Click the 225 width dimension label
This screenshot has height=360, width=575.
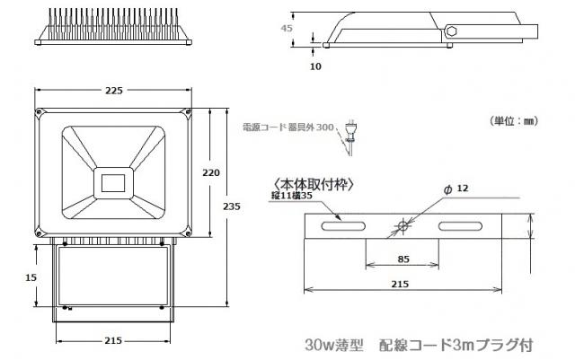(113, 91)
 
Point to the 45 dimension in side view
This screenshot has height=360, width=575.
(287, 28)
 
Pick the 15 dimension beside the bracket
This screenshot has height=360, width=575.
(31, 277)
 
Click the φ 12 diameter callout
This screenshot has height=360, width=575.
(456, 189)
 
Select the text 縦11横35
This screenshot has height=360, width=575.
(291, 194)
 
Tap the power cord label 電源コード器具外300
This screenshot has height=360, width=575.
(287, 128)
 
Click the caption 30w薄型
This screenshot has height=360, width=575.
(332, 345)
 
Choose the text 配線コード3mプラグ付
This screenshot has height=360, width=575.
(457, 345)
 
